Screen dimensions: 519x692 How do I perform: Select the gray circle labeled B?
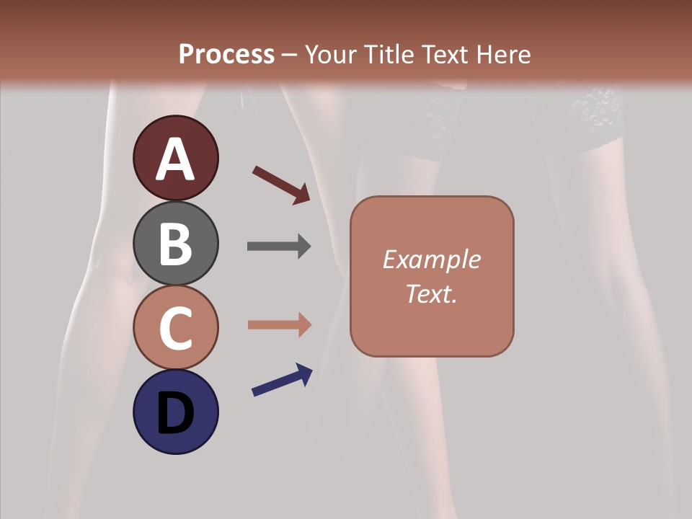(175, 243)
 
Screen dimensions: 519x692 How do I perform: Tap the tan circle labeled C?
(175, 327)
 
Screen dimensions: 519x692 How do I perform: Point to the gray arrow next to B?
(279, 246)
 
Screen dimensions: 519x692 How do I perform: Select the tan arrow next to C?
(279, 324)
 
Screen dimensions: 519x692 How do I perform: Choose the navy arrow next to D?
(282, 380)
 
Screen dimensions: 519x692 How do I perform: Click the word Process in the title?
(226, 54)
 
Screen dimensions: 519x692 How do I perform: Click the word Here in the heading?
(504, 54)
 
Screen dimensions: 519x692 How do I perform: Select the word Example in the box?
(431, 259)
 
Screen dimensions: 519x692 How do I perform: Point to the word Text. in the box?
(431, 293)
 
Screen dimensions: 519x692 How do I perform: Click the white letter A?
(175, 159)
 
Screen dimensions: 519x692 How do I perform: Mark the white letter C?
(175, 328)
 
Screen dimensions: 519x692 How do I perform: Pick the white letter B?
(175, 244)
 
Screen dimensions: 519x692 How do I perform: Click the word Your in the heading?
(329, 54)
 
